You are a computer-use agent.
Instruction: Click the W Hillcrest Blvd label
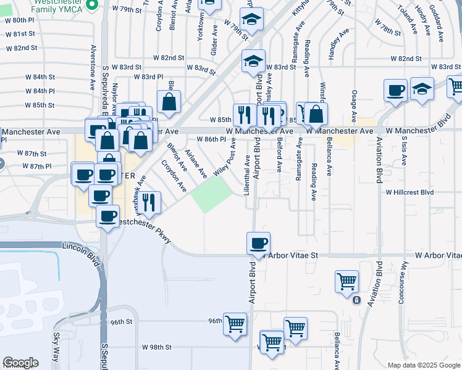point(409,192)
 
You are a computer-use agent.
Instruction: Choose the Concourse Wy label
point(404,281)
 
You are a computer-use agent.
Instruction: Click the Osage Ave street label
point(354,105)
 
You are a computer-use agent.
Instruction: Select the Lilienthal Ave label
point(248,174)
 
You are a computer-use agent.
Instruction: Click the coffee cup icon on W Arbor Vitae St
point(258,242)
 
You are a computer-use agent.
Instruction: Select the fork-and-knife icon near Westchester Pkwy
point(149,202)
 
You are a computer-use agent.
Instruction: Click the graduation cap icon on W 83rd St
point(253,62)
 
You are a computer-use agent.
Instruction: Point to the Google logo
point(20,362)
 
